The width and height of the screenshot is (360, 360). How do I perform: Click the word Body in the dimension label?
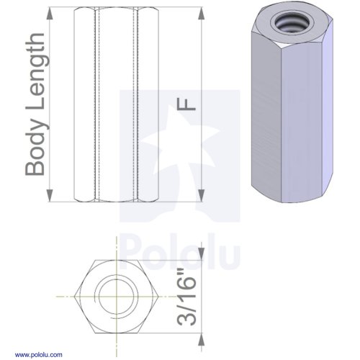[x=35, y=150]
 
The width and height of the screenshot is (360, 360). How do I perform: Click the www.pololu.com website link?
[x=39, y=355]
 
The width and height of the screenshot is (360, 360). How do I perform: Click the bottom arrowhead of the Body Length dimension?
[x=50, y=195]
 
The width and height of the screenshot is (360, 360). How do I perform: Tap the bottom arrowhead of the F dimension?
[x=202, y=195]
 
